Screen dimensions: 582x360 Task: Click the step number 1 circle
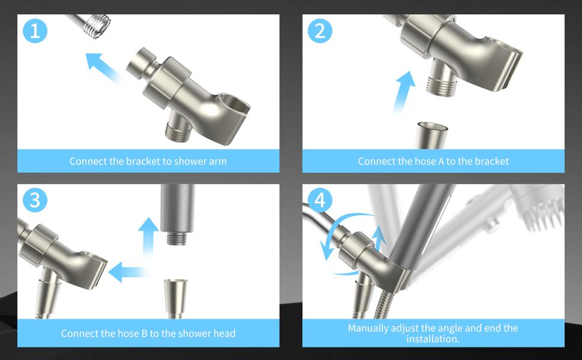click(x=35, y=31)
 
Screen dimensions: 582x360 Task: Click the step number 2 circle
click(x=320, y=31)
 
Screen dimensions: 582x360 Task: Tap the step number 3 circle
click(x=35, y=200)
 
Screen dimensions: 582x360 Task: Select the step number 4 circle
click(x=320, y=200)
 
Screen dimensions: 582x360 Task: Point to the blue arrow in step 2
click(x=404, y=92)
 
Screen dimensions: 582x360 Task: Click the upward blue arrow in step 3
click(x=148, y=238)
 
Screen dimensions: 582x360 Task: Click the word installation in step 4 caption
click(x=432, y=338)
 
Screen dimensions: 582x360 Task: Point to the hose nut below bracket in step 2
click(x=433, y=136)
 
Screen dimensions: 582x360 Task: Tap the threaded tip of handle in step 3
click(x=178, y=238)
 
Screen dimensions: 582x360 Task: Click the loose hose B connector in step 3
click(x=176, y=298)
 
